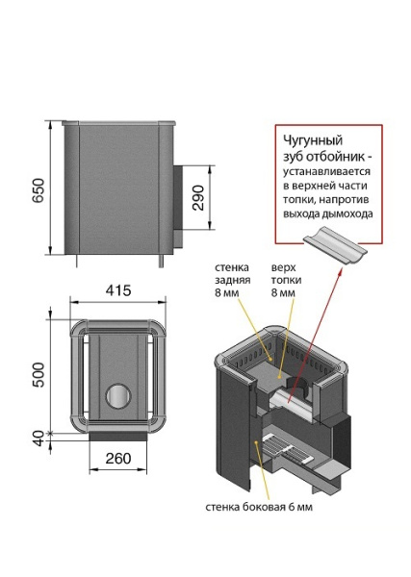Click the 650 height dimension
39,191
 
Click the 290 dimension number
198,197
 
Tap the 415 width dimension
118,290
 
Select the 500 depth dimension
39,375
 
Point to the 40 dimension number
39,439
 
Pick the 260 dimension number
118,459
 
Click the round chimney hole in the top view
118,396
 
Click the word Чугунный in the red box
313,140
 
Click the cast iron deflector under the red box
335,245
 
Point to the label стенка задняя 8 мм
233,280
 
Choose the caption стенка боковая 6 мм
259,507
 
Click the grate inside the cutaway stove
287,450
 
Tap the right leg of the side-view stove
162,261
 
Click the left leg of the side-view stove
77,261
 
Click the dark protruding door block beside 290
178,206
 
